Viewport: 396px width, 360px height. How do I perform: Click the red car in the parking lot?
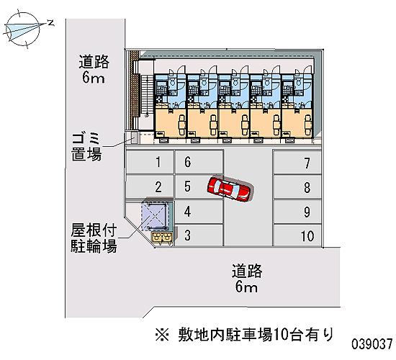[x=230, y=189]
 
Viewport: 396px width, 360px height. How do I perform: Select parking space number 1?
[x=150, y=162]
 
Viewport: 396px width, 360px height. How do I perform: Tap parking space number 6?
[x=199, y=162]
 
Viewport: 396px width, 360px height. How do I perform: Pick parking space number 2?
[x=150, y=186]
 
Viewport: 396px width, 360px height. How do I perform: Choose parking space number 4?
[x=199, y=212]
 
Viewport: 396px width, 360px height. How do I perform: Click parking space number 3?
[x=199, y=235]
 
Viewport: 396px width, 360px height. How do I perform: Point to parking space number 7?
[x=297, y=163]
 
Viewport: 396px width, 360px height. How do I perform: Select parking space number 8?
[x=297, y=186]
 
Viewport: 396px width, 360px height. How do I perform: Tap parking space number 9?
[x=297, y=212]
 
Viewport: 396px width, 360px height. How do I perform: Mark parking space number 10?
[x=297, y=235]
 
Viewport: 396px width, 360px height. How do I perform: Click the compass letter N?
[x=51, y=23]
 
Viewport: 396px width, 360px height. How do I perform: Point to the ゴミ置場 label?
[x=86, y=147]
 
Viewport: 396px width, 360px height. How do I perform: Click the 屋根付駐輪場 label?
[x=94, y=238]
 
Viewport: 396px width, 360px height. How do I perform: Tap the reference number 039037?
[x=372, y=344]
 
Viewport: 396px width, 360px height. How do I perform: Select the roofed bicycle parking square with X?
[x=154, y=216]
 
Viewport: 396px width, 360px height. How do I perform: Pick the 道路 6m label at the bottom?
[x=247, y=279]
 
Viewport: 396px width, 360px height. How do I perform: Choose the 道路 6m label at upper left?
[x=94, y=69]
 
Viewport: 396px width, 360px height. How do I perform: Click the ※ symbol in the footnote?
[x=162, y=335]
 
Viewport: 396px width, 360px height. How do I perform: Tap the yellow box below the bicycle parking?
[x=162, y=237]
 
